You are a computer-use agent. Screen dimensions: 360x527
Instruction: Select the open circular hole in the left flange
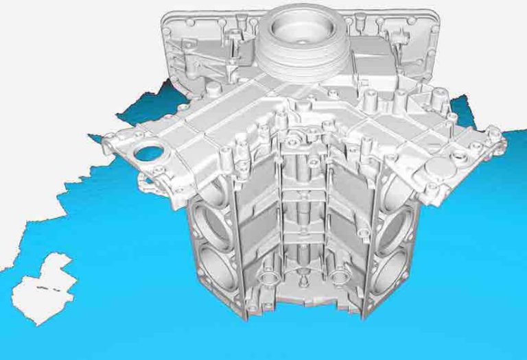tap(146, 153)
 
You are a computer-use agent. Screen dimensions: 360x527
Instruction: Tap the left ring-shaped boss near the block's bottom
tap(267, 278)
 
